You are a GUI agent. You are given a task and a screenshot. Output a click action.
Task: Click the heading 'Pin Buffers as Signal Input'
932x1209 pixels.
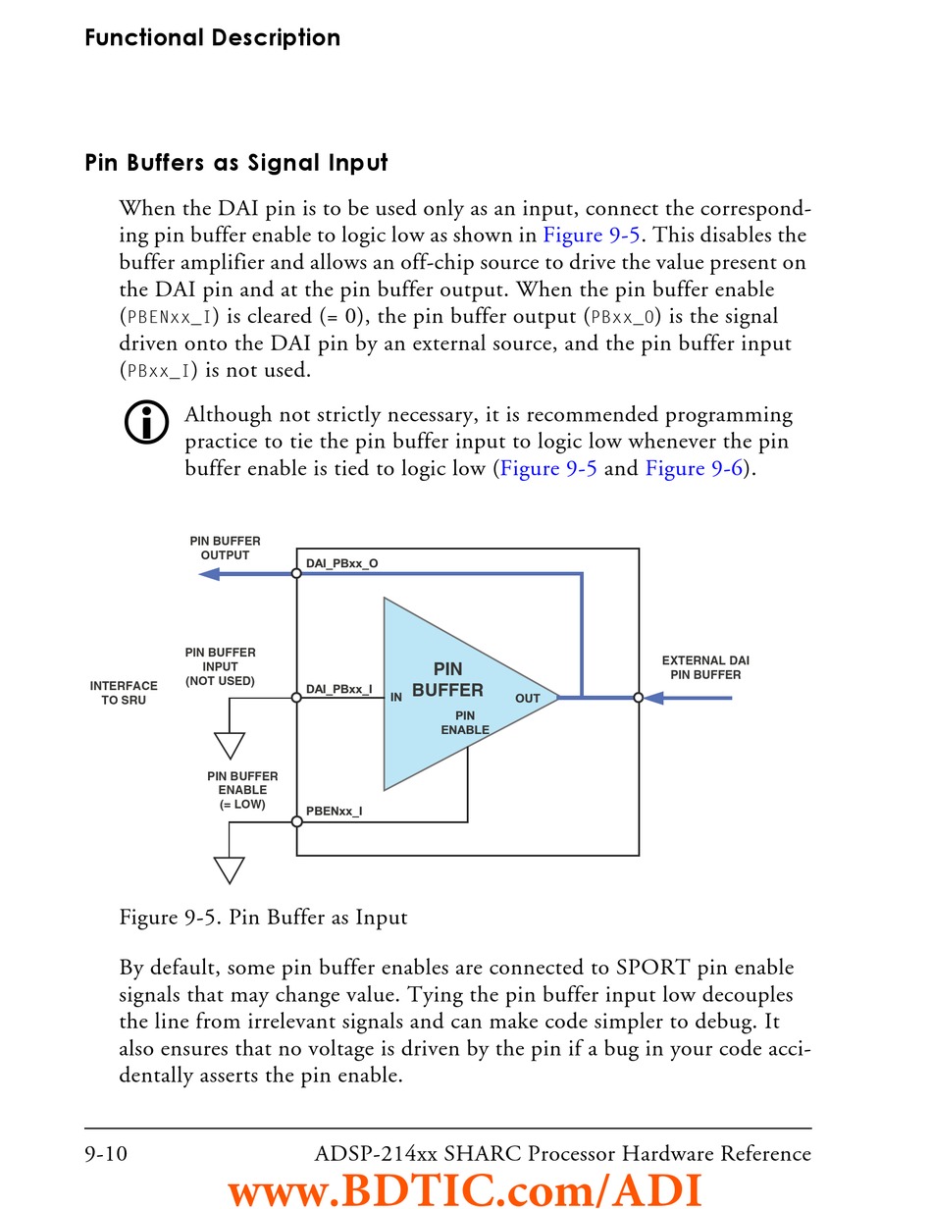[x=236, y=163]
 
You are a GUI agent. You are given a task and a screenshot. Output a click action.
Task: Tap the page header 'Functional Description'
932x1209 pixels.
[x=213, y=38]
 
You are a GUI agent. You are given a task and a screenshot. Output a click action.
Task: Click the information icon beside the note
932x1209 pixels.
[x=145, y=423]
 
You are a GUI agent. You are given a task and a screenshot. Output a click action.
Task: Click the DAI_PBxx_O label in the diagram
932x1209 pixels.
[x=341, y=563]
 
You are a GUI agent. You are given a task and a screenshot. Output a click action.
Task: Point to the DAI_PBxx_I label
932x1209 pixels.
[x=338, y=689]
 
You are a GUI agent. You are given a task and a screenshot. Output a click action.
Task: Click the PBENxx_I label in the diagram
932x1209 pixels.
[x=334, y=812]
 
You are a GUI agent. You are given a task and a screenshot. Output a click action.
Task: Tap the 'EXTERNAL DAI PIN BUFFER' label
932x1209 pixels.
[x=705, y=667]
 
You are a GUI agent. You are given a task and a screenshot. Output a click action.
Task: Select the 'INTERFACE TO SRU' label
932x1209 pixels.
[x=124, y=693]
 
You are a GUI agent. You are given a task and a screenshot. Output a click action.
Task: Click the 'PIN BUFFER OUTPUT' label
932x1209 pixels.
[x=225, y=548]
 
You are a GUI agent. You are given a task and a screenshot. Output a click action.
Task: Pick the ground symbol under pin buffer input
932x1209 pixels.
[x=230, y=746]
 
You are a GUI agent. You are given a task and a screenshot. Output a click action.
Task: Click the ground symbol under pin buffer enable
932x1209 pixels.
[x=230, y=869]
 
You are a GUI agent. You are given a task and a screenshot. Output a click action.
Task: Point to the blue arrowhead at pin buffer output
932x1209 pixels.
[x=209, y=574]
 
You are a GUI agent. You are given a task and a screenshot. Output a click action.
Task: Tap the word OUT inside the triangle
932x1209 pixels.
[x=528, y=699]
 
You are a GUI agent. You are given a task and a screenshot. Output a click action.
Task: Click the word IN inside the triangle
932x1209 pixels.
[x=396, y=698]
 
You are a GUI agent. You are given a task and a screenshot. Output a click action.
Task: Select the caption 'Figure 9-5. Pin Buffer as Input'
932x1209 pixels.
[x=263, y=918]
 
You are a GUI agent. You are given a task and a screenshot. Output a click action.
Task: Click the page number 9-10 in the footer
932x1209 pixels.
[x=105, y=1153]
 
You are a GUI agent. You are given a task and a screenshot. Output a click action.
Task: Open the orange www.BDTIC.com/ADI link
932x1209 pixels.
[x=465, y=1189]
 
